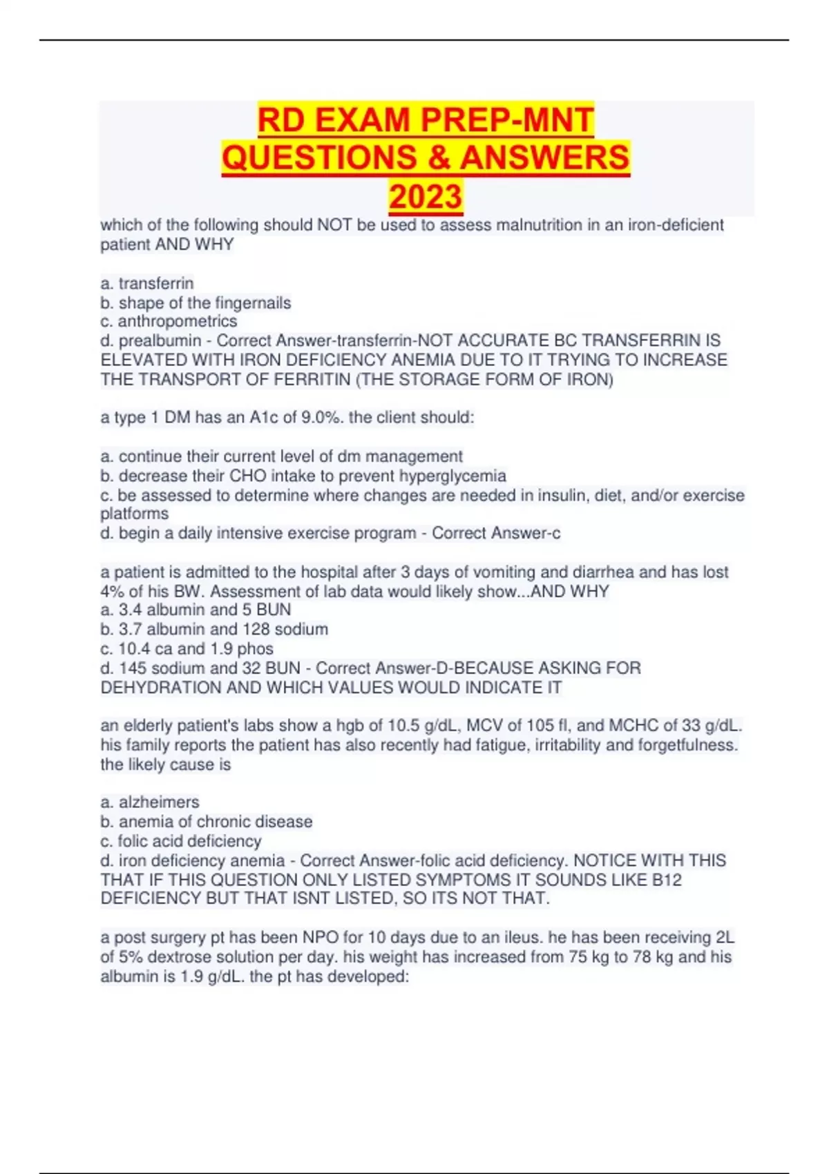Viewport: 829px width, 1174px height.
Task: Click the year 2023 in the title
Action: (426, 197)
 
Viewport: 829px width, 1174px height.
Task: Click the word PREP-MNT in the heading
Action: (508, 120)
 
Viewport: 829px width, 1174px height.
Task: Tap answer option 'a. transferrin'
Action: (147, 283)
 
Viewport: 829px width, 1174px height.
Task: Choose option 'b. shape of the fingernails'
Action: (196, 302)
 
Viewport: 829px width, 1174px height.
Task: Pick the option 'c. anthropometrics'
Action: (169, 321)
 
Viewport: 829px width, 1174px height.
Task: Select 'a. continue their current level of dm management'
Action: (281, 456)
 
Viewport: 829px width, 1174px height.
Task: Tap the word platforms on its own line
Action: (135, 514)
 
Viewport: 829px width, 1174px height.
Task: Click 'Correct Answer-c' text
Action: (496, 533)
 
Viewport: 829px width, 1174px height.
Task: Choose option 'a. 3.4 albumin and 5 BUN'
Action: (196, 610)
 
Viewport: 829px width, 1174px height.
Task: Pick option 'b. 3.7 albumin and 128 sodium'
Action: (214, 629)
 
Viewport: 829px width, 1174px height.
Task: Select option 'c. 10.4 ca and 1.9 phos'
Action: (187, 648)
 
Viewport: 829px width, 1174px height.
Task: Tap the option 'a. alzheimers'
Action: (150, 802)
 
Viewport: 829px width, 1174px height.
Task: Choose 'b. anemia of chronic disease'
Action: (206, 822)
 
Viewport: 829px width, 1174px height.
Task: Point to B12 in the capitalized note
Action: (665, 880)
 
